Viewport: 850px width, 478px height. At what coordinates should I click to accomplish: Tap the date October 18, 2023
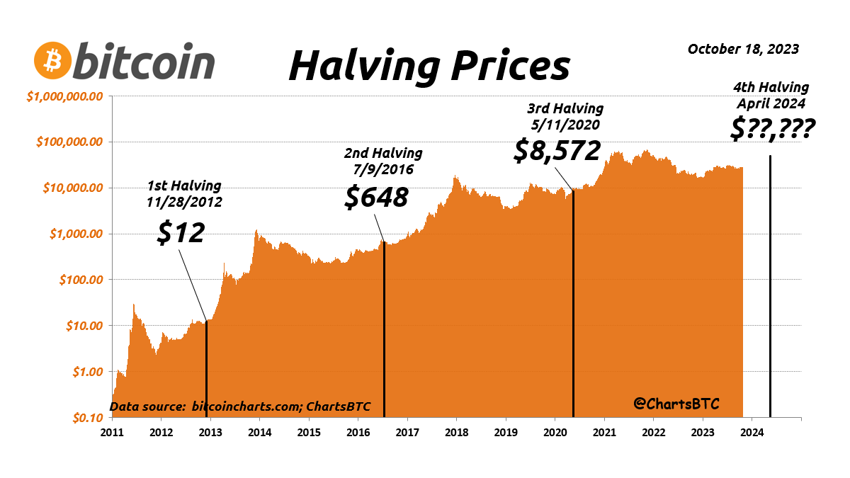click(743, 49)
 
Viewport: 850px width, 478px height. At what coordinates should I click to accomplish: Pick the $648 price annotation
click(376, 197)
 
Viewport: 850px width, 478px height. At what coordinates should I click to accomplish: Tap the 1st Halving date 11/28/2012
click(184, 201)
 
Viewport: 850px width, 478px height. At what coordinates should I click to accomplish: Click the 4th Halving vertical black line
click(770, 283)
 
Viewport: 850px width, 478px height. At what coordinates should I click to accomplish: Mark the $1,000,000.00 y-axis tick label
click(65, 96)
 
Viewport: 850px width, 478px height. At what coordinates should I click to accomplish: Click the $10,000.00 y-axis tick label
click(74, 188)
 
